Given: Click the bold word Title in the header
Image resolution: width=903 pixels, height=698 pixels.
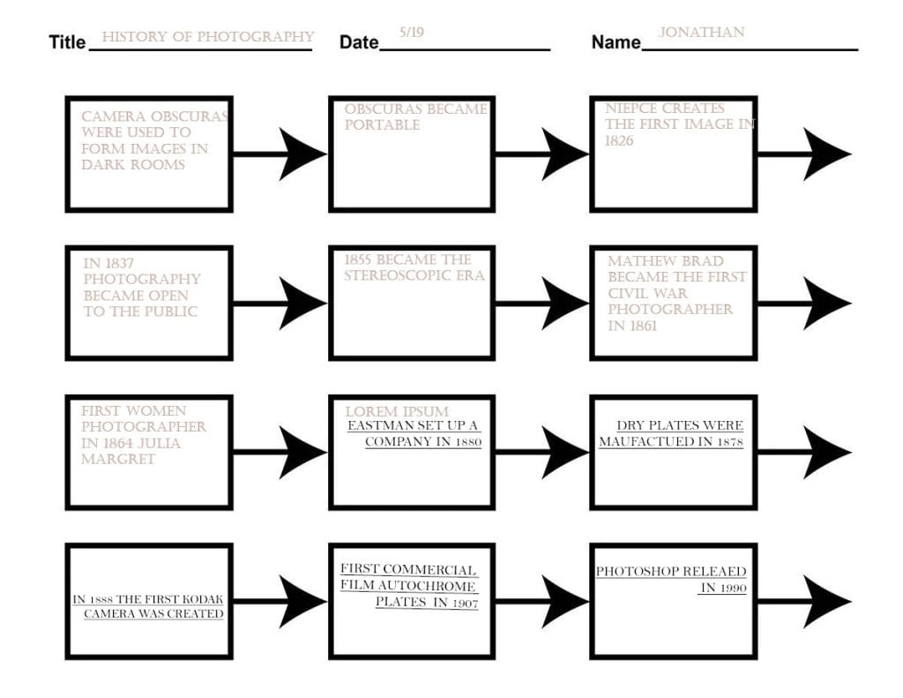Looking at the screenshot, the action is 67,42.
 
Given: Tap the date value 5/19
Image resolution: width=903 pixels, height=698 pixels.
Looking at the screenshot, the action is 412,33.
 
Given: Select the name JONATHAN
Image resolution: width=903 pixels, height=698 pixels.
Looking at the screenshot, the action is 701,33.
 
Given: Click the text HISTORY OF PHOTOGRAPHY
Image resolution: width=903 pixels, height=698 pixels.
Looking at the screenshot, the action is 208,37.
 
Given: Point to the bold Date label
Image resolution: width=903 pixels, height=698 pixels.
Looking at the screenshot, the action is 359,42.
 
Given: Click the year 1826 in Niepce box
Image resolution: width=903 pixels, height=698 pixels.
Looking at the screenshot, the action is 619,140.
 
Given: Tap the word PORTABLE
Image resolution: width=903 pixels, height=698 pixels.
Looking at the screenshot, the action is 382,125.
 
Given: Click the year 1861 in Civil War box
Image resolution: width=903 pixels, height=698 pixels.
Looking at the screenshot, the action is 642,326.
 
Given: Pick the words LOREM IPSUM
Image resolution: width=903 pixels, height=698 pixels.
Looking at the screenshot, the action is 397,411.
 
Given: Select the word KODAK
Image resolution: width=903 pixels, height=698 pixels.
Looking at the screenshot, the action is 203,599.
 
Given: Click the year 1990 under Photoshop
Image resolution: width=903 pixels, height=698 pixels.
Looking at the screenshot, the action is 732,589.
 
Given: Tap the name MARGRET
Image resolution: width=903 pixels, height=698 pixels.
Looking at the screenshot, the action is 118,460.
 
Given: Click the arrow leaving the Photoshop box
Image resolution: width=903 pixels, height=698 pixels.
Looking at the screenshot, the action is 804,601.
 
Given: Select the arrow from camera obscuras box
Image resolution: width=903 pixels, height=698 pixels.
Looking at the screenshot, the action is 280,154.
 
